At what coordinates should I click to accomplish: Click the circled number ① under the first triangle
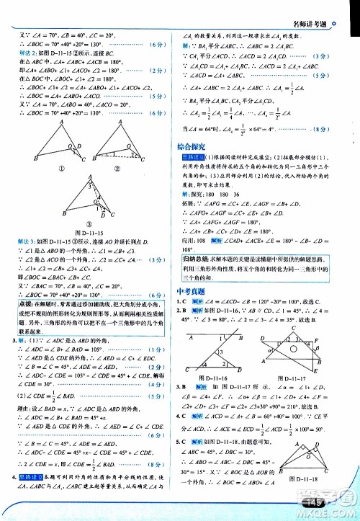[54, 170]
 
